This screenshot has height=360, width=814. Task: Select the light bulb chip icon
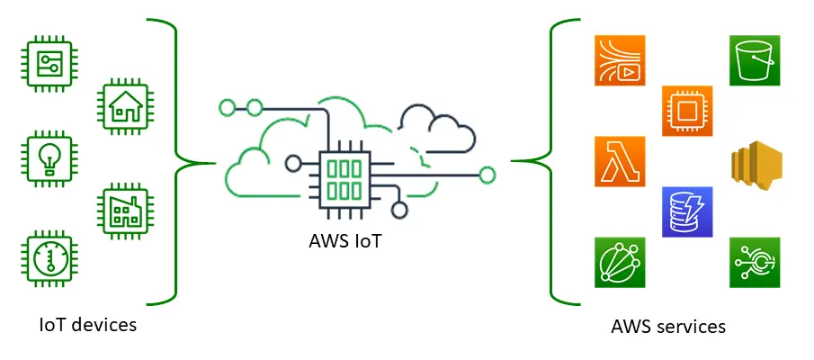pyautogui.click(x=45, y=159)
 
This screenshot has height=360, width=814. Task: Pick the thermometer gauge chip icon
pyautogui.click(x=45, y=259)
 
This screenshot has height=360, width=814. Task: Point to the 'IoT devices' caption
pyautogui.click(x=88, y=324)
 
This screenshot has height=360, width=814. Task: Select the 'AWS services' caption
pyautogui.click(x=667, y=326)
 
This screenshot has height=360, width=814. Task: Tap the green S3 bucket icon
pyautogui.click(x=755, y=60)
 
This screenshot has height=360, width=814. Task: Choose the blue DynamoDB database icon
pyautogui.click(x=687, y=211)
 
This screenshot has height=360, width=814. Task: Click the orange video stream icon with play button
pyautogui.click(x=620, y=60)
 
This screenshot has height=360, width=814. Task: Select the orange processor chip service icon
pyautogui.click(x=687, y=111)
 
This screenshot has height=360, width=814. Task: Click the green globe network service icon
pyautogui.click(x=620, y=263)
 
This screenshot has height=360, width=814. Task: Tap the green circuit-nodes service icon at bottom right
pyautogui.click(x=755, y=263)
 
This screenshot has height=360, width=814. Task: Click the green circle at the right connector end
pyautogui.click(x=488, y=175)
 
